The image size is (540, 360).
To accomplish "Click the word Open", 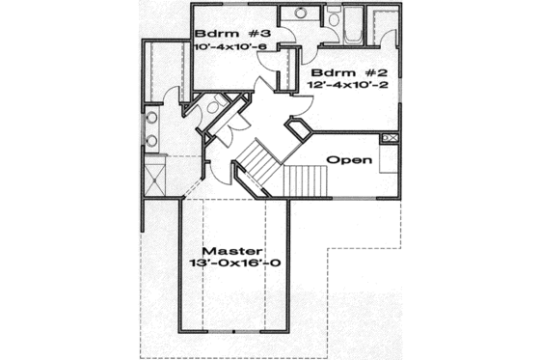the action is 349,159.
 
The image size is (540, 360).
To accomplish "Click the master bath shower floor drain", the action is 154,178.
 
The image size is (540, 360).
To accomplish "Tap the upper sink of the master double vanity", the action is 152,121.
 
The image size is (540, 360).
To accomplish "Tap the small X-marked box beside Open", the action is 391,139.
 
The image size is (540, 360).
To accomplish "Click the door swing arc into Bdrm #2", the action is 386,40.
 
